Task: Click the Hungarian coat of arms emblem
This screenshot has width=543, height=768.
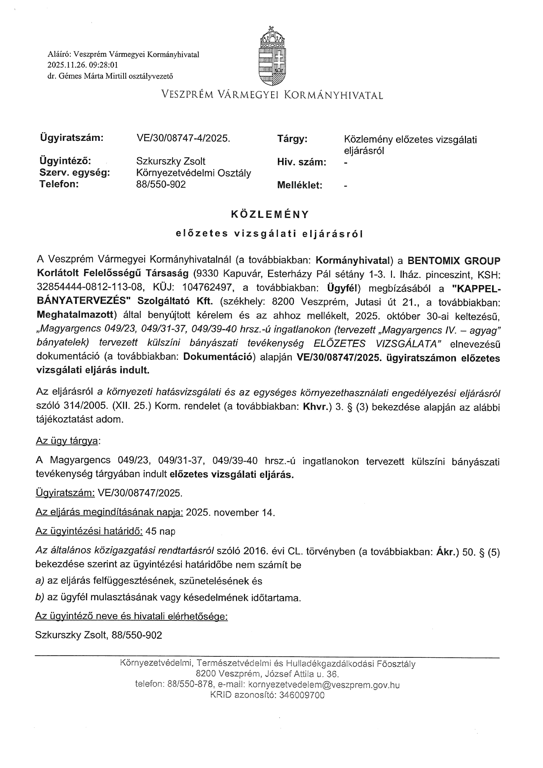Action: pos(272,56)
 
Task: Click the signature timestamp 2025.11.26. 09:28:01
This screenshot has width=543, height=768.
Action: pos(83,65)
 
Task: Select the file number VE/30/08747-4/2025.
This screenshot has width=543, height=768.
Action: pos(183,138)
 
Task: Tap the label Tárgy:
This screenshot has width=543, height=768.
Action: pos(292,139)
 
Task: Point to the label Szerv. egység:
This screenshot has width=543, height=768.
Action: pos(75,173)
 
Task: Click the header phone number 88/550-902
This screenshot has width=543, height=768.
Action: pos(161,184)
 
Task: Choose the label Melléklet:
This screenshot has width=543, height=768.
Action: pos(300,185)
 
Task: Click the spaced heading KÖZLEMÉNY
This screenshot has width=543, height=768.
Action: pos(270,214)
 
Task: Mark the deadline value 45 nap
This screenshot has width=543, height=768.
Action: pos(160,531)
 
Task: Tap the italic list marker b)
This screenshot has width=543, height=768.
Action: pos(40,598)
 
